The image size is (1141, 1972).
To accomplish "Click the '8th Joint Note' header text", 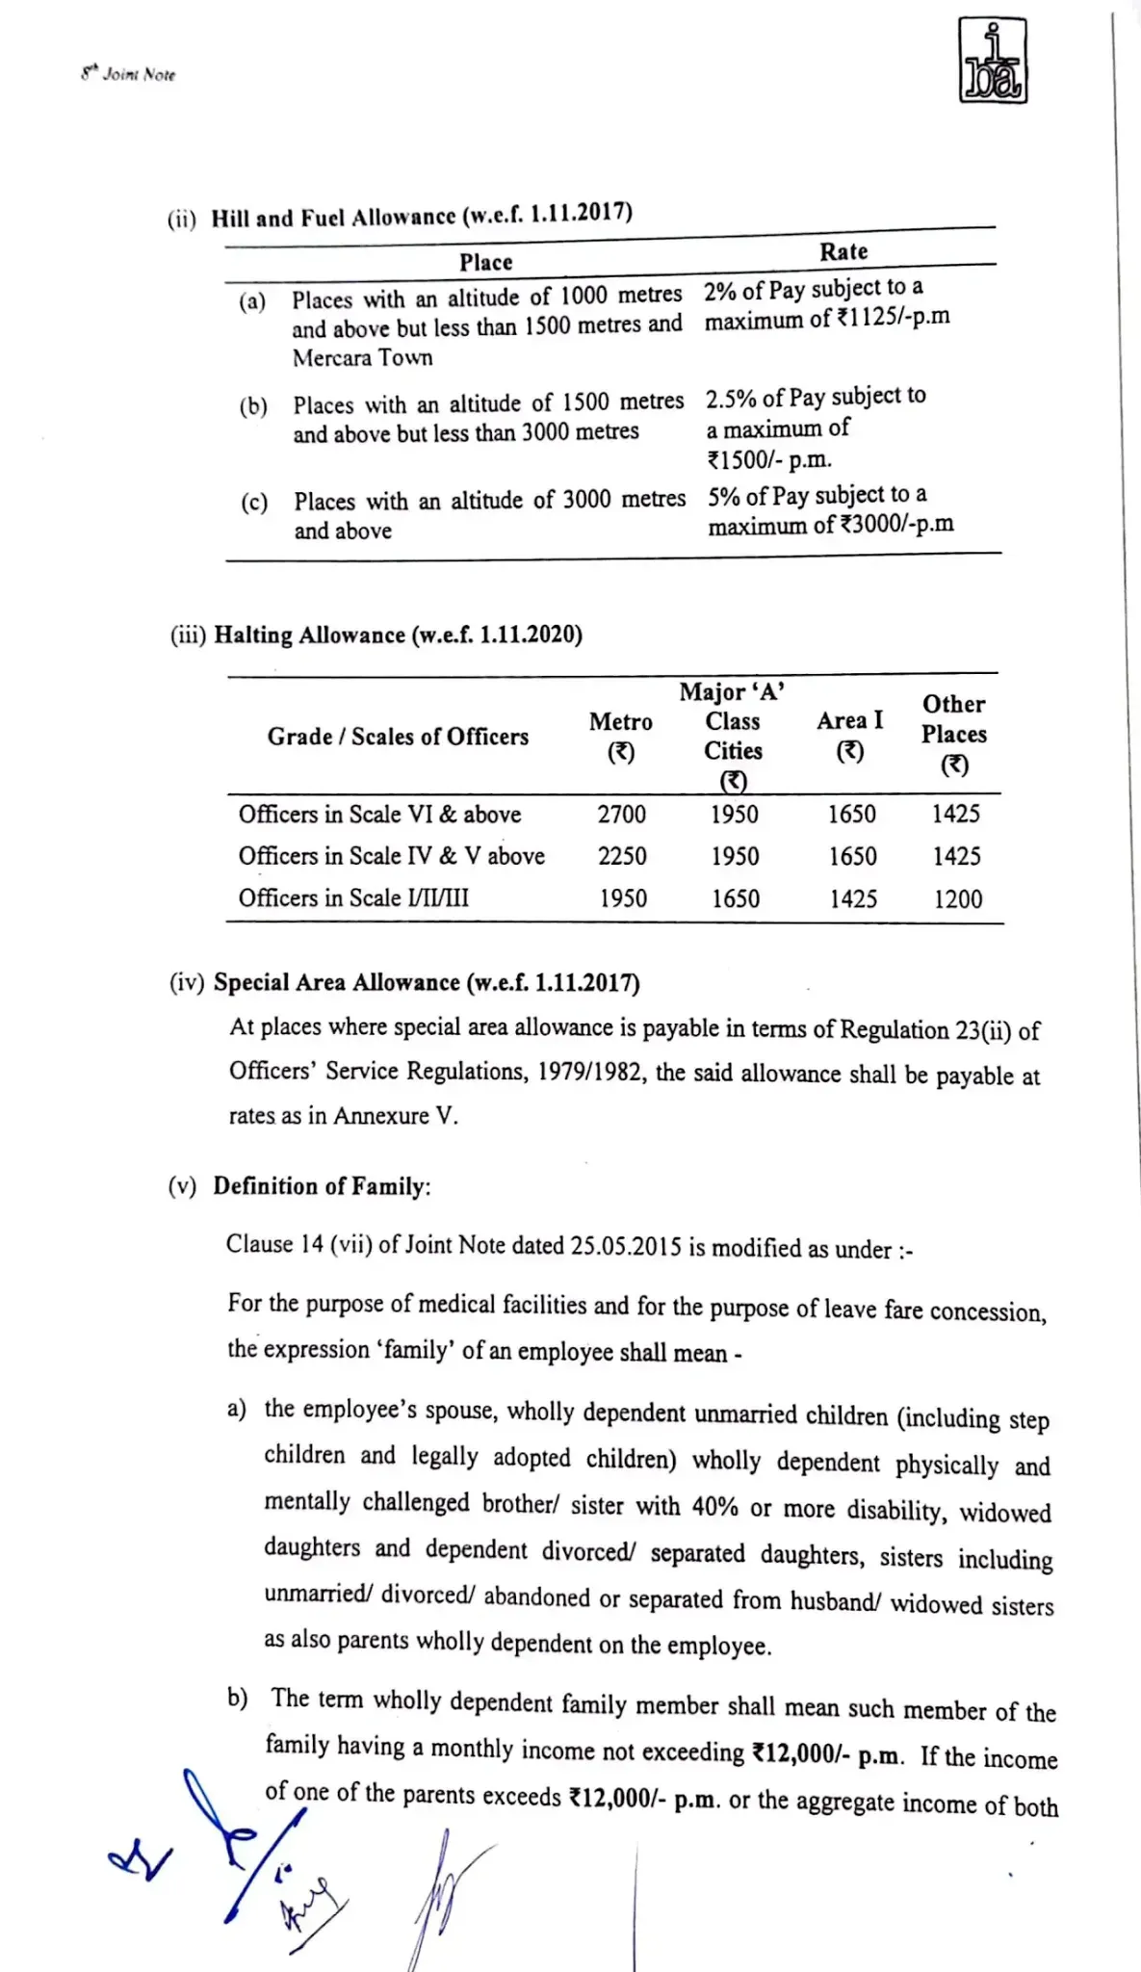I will (128, 74).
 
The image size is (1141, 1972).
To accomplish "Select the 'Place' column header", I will (485, 262).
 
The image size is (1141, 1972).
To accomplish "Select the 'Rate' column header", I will (843, 251).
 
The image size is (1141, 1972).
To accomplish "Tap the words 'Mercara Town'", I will (362, 357).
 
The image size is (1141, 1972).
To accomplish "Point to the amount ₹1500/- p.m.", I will (768, 459).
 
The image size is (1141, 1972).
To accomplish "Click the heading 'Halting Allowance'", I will (309, 635).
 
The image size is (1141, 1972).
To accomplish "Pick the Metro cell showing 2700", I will (621, 815).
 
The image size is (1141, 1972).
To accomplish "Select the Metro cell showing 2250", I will (622, 856).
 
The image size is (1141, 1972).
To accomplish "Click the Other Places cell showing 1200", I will (958, 899).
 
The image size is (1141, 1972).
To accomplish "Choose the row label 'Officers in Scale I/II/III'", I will (353, 897).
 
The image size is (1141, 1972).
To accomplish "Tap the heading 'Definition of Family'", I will (320, 1186).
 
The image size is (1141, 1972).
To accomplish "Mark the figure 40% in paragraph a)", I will (714, 1506).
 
